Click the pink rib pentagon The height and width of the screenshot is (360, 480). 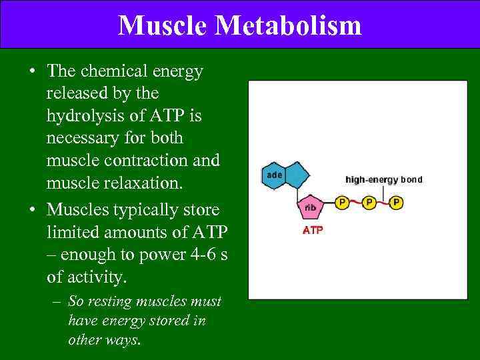point(310,207)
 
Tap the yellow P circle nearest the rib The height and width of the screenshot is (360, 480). point(341,201)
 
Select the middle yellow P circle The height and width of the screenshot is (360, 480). point(369,201)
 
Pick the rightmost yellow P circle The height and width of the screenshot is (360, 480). point(397,201)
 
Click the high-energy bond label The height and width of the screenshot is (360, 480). point(383,179)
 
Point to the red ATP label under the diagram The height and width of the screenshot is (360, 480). point(313,231)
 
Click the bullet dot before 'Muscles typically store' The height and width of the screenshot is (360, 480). point(31,209)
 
